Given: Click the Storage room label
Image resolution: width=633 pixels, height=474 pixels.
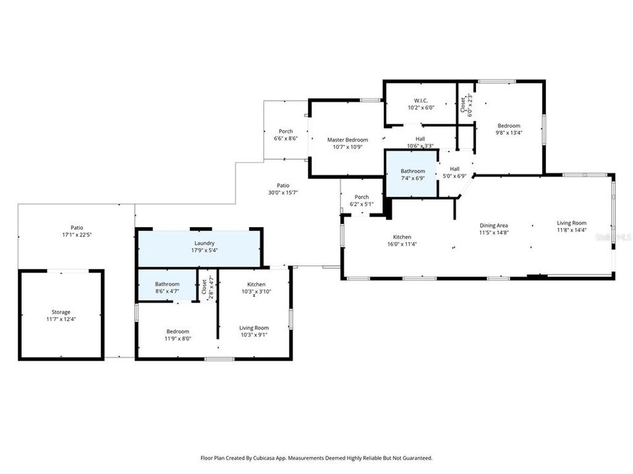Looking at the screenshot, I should [61, 312].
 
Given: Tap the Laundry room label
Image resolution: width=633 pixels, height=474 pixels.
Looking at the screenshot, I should [204, 243].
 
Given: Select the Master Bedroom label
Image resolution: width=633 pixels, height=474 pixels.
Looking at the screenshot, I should [347, 140].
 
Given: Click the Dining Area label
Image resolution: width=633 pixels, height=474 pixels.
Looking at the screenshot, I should [494, 225].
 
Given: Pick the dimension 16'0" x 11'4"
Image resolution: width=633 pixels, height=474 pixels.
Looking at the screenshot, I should [402, 244].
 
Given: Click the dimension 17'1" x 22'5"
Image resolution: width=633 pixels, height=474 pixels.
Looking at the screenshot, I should [76, 235].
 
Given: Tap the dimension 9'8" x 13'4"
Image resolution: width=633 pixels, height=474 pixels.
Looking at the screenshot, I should [509, 133].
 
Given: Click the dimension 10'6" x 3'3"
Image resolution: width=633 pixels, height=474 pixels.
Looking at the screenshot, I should [420, 146].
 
